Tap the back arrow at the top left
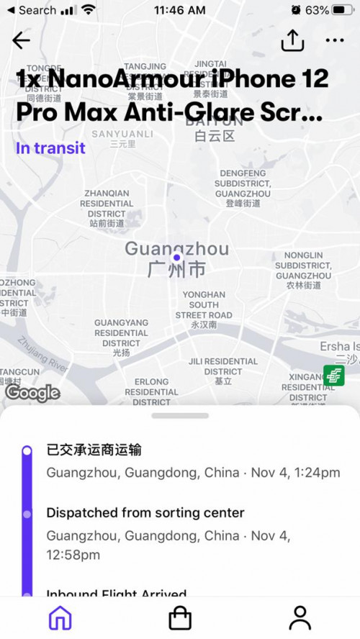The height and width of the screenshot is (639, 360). (x=22, y=40)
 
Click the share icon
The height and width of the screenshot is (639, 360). (x=292, y=41)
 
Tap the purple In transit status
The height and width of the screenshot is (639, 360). (x=50, y=148)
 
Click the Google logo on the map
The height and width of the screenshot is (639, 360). (x=32, y=392)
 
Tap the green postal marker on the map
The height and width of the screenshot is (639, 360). (x=333, y=375)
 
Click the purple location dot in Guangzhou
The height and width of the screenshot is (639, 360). (x=176, y=258)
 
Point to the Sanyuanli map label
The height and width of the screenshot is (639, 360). (x=122, y=138)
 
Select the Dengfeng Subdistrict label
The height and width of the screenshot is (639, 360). (x=243, y=189)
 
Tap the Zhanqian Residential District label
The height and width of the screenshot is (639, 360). (x=107, y=209)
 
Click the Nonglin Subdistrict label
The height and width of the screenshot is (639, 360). (x=303, y=271)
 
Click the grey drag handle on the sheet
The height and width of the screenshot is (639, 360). (x=180, y=416)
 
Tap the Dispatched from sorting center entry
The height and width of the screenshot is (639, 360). (x=145, y=512)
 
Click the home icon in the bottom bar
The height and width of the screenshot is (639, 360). (x=60, y=617)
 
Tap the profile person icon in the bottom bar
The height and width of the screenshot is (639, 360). (x=300, y=617)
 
